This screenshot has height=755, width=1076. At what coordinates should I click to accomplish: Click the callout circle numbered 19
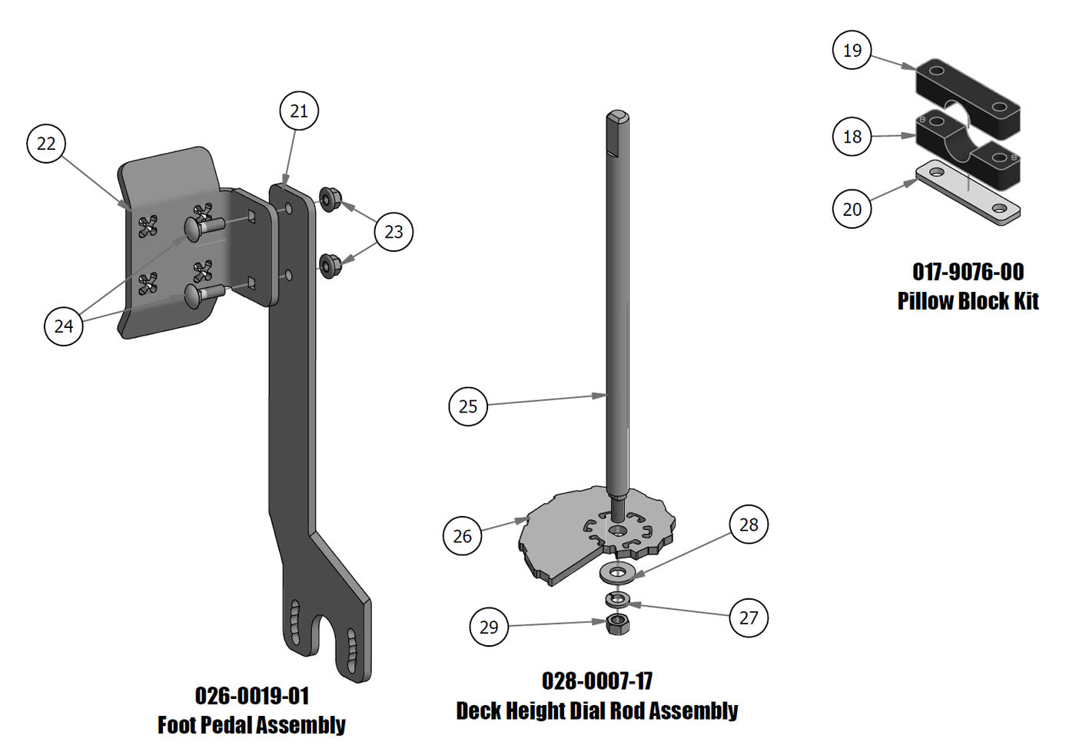pyautogui.click(x=852, y=51)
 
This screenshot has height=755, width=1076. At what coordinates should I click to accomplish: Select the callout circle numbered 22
pyautogui.click(x=46, y=144)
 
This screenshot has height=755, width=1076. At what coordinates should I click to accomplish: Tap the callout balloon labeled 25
pyautogui.click(x=468, y=406)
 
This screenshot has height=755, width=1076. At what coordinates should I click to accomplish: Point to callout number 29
pyautogui.click(x=489, y=627)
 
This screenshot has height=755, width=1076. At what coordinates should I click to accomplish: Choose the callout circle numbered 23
pyautogui.click(x=394, y=232)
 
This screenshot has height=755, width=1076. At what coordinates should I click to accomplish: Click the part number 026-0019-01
pyautogui.click(x=252, y=696)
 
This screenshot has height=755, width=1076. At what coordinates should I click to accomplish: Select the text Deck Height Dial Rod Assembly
pyautogui.click(x=597, y=710)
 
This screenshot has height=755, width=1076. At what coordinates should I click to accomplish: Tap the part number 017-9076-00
pyautogui.click(x=968, y=272)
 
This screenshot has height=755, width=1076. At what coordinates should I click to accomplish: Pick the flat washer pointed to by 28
pyautogui.click(x=617, y=572)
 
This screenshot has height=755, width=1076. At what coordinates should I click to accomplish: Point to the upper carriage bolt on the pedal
pyautogui.click(x=201, y=227)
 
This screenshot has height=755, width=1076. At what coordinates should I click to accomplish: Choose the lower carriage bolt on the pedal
pyautogui.click(x=201, y=293)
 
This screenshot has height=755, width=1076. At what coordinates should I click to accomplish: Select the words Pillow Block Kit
pyautogui.click(x=968, y=300)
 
